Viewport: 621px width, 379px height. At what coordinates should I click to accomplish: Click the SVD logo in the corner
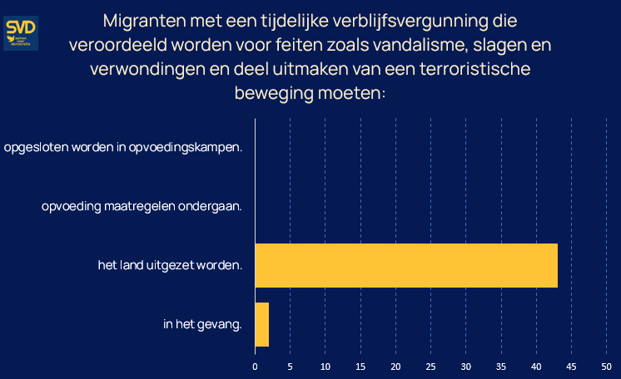coord(21,32)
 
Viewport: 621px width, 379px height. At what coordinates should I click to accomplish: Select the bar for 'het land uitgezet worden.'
coord(405,266)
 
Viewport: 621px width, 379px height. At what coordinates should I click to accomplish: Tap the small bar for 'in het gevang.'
coord(261,324)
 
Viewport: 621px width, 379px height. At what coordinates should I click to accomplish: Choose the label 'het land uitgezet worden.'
coord(170,266)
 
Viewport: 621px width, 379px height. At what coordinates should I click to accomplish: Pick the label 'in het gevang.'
coord(202,324)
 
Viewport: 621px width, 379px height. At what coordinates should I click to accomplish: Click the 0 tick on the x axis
coord(255,365)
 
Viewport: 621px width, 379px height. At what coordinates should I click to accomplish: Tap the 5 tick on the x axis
coord(290,365)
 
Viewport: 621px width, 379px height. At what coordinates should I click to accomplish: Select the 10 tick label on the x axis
coord(325,365)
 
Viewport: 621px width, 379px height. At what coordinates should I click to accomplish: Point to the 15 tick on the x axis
coord(360,365)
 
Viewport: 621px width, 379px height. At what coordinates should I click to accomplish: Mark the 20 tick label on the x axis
coord(395,365)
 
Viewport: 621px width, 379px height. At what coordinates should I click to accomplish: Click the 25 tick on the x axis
coord(430,365)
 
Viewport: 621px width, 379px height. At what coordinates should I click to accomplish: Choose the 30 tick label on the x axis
coord(466,365)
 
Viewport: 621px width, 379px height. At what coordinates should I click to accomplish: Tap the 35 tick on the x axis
coord(501,365)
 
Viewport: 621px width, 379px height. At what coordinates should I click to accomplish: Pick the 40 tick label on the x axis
coord(536,365)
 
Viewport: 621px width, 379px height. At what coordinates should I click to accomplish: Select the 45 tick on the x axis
coord(572,365)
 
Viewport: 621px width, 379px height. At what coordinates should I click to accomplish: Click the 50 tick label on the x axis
coord(607,365)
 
